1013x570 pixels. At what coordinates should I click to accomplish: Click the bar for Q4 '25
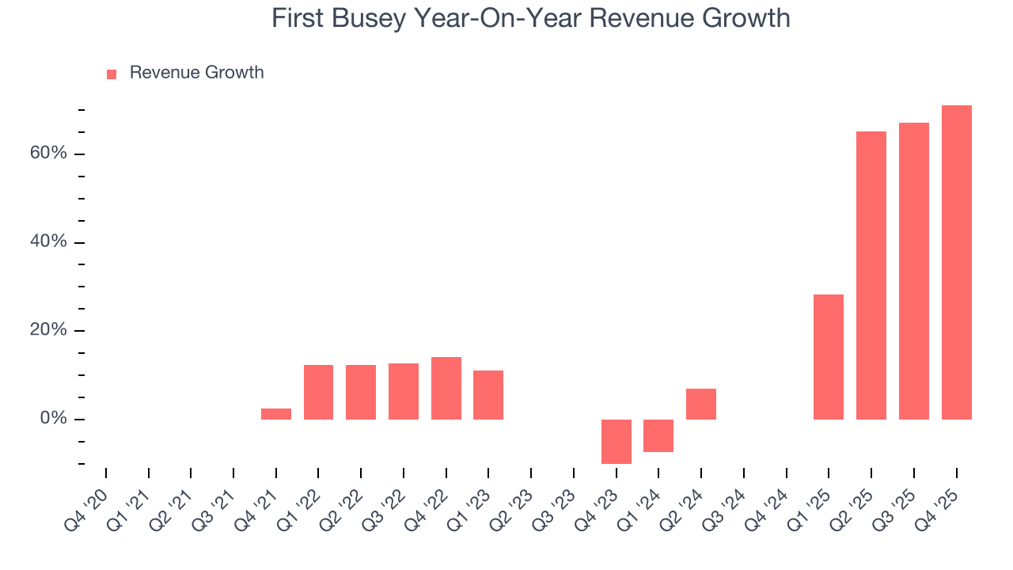(956, 262)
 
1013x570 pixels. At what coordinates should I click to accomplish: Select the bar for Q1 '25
(828, 356)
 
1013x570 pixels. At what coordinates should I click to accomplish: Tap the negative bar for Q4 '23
(616, 441)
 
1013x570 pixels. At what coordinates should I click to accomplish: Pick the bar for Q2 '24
(700, 404)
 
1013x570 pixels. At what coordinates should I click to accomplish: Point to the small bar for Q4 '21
(275, 413)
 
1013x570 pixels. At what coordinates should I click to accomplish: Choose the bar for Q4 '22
(446, 388)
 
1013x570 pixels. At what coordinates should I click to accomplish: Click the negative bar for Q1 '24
(658, 435)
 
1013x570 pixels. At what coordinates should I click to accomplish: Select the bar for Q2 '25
(871, 275)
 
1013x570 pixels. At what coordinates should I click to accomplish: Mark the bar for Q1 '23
(488, 394)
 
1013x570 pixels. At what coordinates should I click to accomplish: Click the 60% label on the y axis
(48, 153)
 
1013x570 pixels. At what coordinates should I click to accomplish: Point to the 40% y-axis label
(48, 241)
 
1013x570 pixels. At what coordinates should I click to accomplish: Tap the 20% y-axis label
(48, 330)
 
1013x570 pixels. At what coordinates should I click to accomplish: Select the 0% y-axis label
(54, 419)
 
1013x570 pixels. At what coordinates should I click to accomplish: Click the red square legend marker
(112, 74)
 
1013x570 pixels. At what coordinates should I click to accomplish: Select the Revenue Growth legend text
(196, 73)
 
